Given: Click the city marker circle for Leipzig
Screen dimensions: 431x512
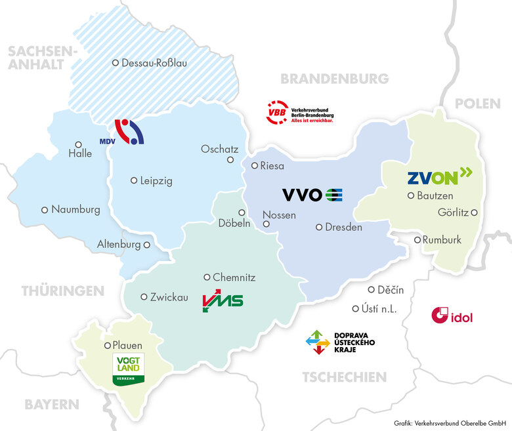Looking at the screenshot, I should (x=134, y=180).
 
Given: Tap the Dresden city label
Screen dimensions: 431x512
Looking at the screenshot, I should (x=343, y=228).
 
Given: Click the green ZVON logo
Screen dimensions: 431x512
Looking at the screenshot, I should (x=439, y=176).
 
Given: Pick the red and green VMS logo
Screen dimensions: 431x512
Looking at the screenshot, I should (x=223, y=301).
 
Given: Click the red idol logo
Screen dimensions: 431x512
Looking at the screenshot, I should (x=452, y=316).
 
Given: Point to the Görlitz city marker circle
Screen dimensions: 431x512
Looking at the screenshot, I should (x=474, y=212).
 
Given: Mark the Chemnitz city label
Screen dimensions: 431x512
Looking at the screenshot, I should (x=234, y=277).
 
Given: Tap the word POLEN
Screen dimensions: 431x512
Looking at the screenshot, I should (x=477, y=104).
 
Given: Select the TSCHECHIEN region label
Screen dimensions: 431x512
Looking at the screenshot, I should (x=344, y=377).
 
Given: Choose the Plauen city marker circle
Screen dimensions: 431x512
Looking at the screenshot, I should (x=108, y=345).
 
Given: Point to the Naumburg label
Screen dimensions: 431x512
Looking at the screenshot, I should (x=75, y=210).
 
